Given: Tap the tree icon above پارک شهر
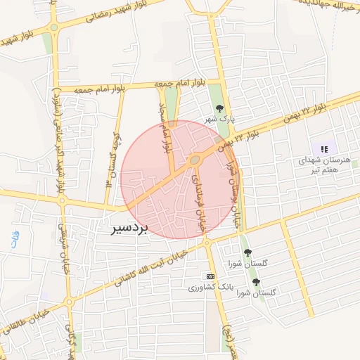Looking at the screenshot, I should click(x=220, y=108).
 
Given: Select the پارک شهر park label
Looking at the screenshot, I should click(x=219, y=120).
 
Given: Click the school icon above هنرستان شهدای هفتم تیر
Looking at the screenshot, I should click(x=324, y=149).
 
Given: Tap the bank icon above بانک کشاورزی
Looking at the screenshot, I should click(x=210, y=276).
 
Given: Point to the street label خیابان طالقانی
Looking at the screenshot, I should click(x=25, y=319).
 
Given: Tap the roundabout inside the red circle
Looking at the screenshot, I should click(x=194, y=162).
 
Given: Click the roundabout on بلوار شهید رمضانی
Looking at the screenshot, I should click(x=54, y=30).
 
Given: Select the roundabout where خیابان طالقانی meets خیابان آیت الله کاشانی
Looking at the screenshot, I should click(x=68, y=302).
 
